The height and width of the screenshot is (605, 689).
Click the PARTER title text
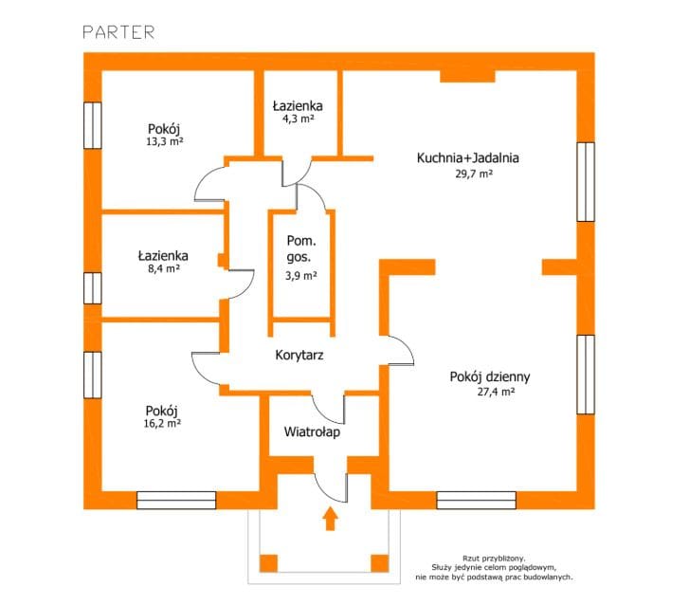click(118, 31)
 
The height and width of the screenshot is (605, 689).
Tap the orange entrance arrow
click(330, 519)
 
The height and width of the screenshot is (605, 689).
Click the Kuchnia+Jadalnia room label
click(467, 158)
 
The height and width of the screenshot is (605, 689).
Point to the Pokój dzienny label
click(489, 376)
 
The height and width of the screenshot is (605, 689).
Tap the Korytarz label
click(301, 355)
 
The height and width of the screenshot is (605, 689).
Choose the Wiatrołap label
click(312, 431)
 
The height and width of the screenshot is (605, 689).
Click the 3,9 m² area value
click(301, 276)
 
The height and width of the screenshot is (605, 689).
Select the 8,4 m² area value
click(163, 269)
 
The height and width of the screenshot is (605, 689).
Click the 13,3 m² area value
click(164, 141)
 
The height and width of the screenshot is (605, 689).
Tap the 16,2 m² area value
click(163, 424)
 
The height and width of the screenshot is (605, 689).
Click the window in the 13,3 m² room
click(92, 125)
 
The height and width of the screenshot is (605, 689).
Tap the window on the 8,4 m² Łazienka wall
click(92, 287)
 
